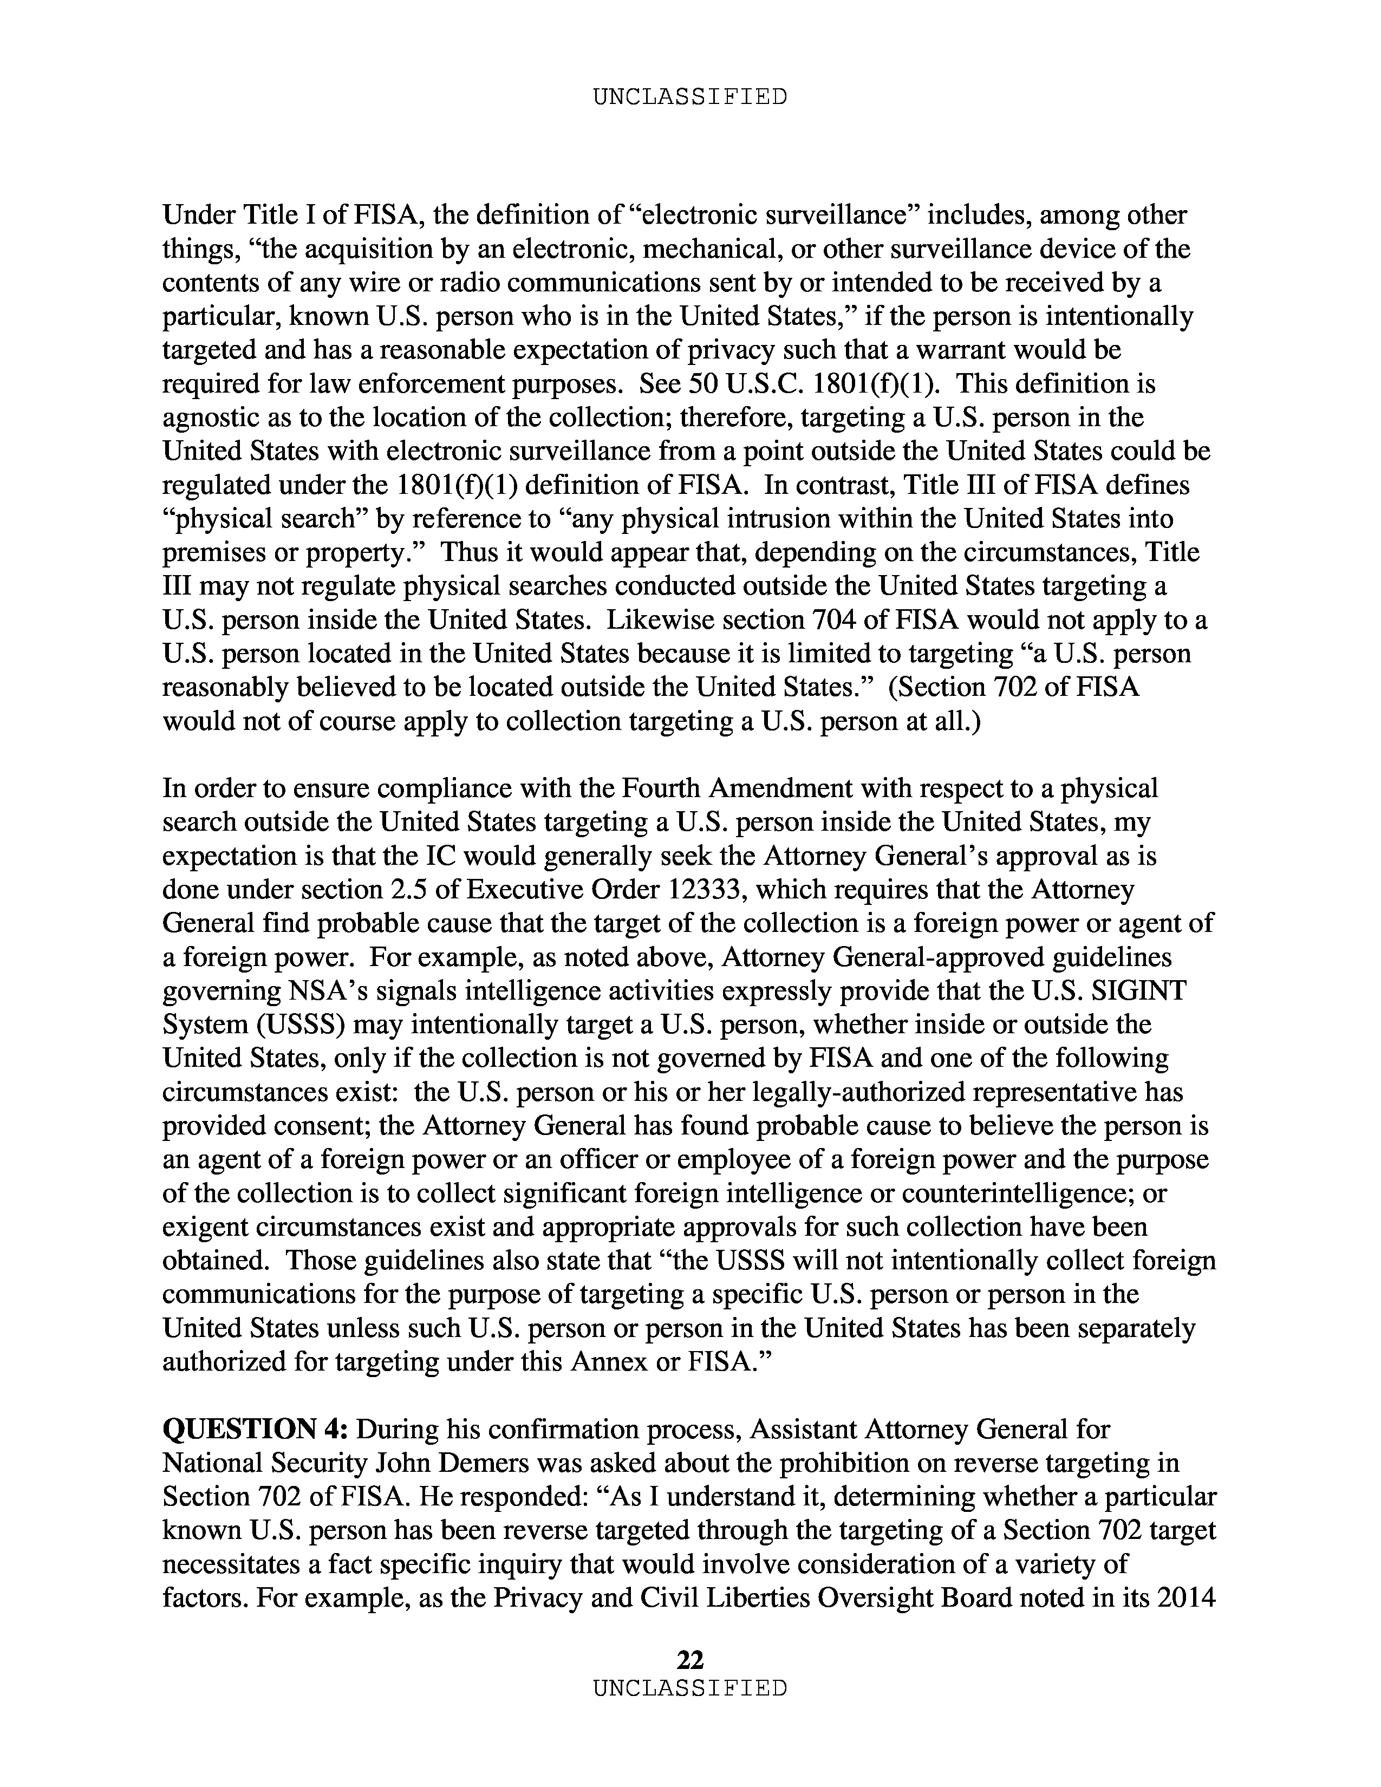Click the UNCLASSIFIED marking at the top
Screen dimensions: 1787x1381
coord(689,97)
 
